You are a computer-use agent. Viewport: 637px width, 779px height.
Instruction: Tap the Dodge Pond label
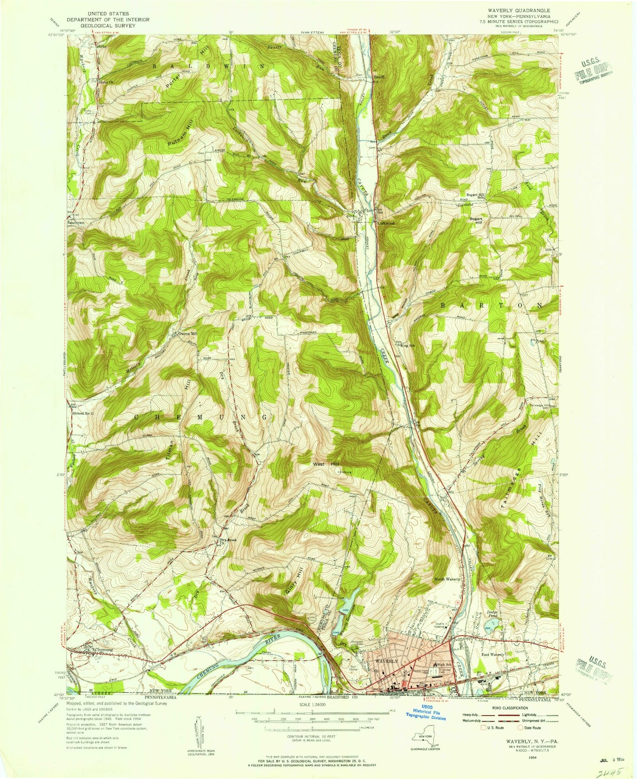coord(492,614)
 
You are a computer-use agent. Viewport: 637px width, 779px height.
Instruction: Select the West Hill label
coord(326,464)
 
